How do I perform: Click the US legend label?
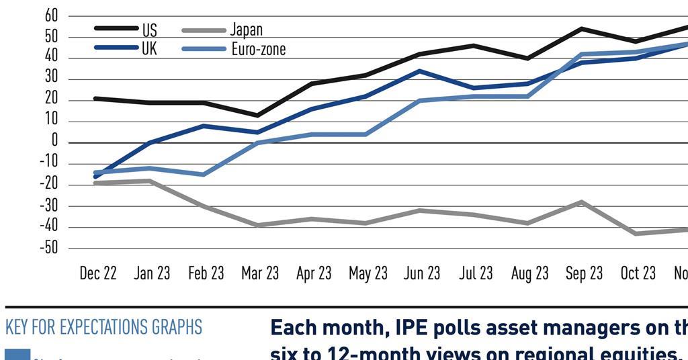[x=149, y=30]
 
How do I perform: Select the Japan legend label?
[x=246, y=30]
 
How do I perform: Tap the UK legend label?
[x=149, y=49]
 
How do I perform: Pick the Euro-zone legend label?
[x=258, y=49]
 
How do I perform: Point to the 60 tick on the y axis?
[x=50, y=15]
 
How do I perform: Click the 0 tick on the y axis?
[x=54, y=142]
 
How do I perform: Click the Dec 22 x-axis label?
[x=98, y=273]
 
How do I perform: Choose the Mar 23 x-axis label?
[x=260, y=273]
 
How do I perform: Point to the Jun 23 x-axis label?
[x=422, y=273]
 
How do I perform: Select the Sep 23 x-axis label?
[x=584, y=273]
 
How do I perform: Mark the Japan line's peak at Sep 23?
[x=582, y=201]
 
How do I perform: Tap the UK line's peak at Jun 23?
[x=420, y=71]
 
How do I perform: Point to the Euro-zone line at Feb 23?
[x=204, y=175]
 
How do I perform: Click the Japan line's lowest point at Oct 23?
[x=636, y=234]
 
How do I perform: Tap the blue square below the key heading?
[x=17, y=355]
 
